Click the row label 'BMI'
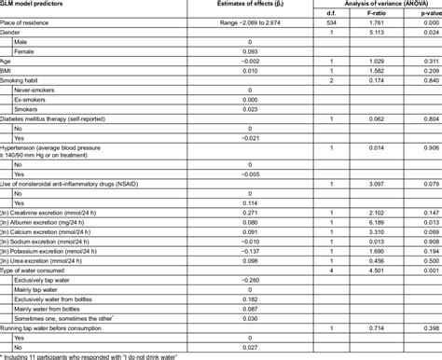click(x=9, y=71)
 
